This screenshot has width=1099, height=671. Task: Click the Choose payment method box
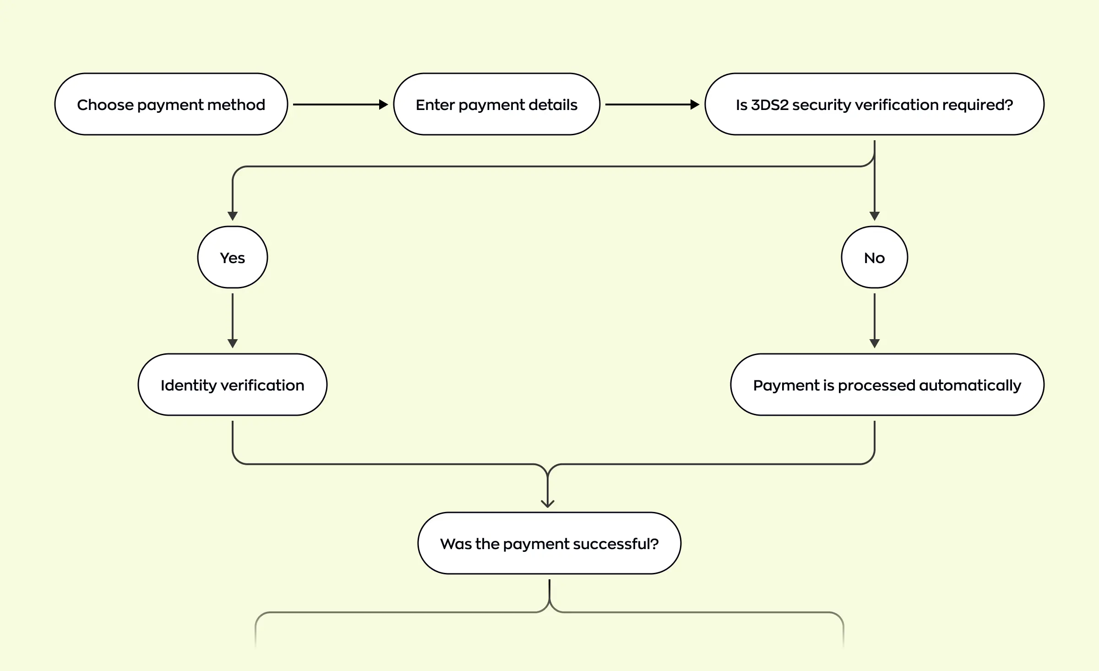click(171, 104)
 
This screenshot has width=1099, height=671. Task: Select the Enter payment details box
click(496, 104)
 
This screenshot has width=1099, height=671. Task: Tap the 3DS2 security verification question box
click(874, 104)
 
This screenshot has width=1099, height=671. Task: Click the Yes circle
click(233, 258)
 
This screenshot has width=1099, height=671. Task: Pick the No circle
click(874, 258)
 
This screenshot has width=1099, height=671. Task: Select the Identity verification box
click(233, 385)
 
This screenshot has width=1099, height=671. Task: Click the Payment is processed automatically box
click(887, 385)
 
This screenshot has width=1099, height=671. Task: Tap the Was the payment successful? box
click(549, 544)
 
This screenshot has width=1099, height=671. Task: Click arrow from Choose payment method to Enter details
click(340, 104)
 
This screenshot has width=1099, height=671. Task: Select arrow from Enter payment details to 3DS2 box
click(652, 104)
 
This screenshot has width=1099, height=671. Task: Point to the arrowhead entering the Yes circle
click(233, 216)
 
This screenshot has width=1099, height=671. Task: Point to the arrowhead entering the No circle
click(874, 216)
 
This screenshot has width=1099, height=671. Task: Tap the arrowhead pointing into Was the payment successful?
click(548, 503)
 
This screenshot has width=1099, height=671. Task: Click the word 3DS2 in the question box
click(770, 105)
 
